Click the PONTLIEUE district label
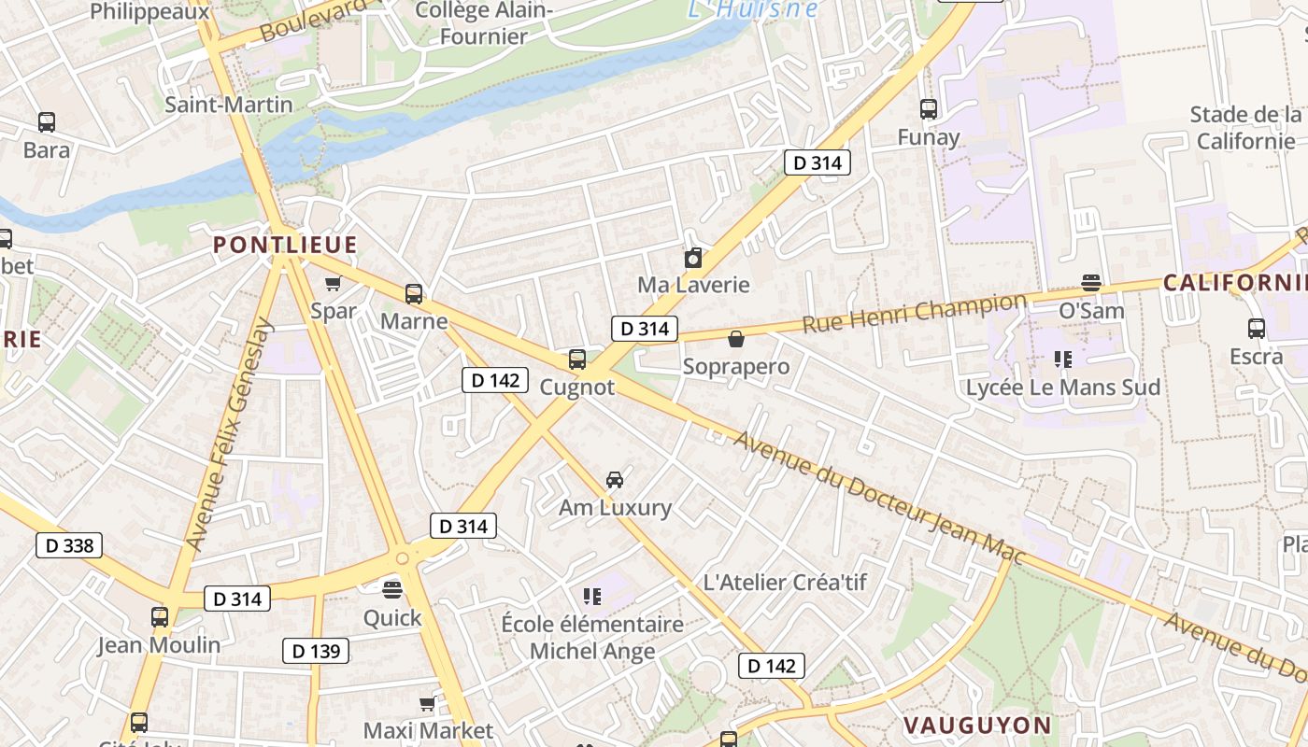click(285, 246)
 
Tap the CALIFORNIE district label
click(1233, 283)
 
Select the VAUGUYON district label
click(977, 726)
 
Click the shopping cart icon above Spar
click(333, 284)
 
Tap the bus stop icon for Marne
click(414, 294)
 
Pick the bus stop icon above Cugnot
click(577, 359)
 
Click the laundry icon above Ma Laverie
click(693, 258)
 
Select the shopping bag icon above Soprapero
click(736, 339)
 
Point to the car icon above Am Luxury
click(615, 480)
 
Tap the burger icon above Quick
click(392, 589)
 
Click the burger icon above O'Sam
click(1090, 282)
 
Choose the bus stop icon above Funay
click(929, 109)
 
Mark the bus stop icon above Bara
click(47, 122)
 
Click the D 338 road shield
click(69, 545)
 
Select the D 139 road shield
click(316, 651)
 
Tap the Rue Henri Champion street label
click(914, 313)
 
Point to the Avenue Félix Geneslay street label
click(230, 434)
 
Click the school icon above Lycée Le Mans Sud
click(1062, 359)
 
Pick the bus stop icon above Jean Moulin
click(160, 616)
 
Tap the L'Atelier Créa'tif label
click(785, 583)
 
